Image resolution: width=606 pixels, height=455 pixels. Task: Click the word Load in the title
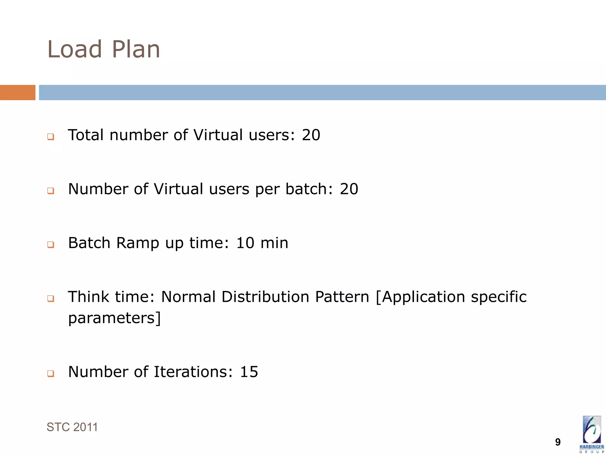coord(75,49)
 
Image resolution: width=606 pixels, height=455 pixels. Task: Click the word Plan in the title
coord(136,49)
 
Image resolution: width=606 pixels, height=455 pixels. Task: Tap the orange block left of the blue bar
coord(17,92)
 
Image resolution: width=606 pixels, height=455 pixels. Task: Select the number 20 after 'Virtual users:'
coord(311,135)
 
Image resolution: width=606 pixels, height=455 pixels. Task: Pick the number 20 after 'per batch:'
coord(349,189)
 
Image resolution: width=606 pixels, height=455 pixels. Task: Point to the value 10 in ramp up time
coord(245,243)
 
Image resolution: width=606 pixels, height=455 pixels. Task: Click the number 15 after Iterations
coord(249,372)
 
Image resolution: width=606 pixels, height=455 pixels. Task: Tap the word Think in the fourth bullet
coord(88,297)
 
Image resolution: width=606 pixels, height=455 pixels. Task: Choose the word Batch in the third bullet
coord(89,243)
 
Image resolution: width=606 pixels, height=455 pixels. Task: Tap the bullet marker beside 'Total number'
coord(51,137)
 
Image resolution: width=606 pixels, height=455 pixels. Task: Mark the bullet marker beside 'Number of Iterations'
coord(51,374)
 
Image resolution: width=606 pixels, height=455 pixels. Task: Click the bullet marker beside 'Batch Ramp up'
coord(51,245)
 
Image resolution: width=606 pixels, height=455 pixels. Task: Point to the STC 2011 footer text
coord(72,427)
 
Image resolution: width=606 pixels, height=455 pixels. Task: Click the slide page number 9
coord(558,442)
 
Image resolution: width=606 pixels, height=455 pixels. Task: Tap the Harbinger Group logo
coord(592,434)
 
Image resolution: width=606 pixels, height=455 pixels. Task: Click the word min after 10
coord(274,243)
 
